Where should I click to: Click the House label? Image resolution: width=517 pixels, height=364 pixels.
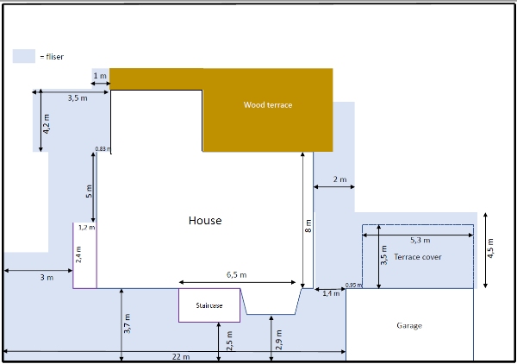coord(205,221)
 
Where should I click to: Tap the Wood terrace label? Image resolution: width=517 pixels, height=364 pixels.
coord(268,105)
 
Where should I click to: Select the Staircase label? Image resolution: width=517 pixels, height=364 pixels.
coord(209,305)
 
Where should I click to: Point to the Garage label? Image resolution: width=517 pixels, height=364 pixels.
coord(409,326)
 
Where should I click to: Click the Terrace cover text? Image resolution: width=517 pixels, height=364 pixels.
coord(417,257)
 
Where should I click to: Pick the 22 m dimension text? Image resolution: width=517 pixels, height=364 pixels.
coord(181,357)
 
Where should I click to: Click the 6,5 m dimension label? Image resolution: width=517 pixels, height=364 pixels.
coord(236,275)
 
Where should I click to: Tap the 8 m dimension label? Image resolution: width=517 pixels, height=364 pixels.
coord(308,226)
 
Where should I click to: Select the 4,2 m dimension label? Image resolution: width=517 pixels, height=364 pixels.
coord(47,124)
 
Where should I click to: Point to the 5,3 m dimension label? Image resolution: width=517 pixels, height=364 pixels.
coord(420,241)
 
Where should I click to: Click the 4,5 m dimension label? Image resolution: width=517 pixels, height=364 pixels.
coord(490,248)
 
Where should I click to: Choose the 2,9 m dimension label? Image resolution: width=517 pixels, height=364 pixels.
coord(278,340)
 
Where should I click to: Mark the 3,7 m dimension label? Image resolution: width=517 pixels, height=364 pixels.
coord(127,323)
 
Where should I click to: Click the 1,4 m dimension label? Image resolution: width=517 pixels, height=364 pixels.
coord(331,293)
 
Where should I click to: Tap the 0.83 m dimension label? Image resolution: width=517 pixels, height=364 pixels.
coord(103,149)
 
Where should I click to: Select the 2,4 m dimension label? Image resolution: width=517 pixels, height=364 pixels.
coord(78,254)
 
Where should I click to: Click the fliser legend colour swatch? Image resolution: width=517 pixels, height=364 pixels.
coord(24,56)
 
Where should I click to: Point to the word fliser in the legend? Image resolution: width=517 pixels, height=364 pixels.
coord(55,57)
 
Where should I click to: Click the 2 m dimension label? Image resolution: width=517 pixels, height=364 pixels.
coord(339,179)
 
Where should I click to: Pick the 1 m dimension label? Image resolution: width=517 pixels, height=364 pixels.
coord(100,76)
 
